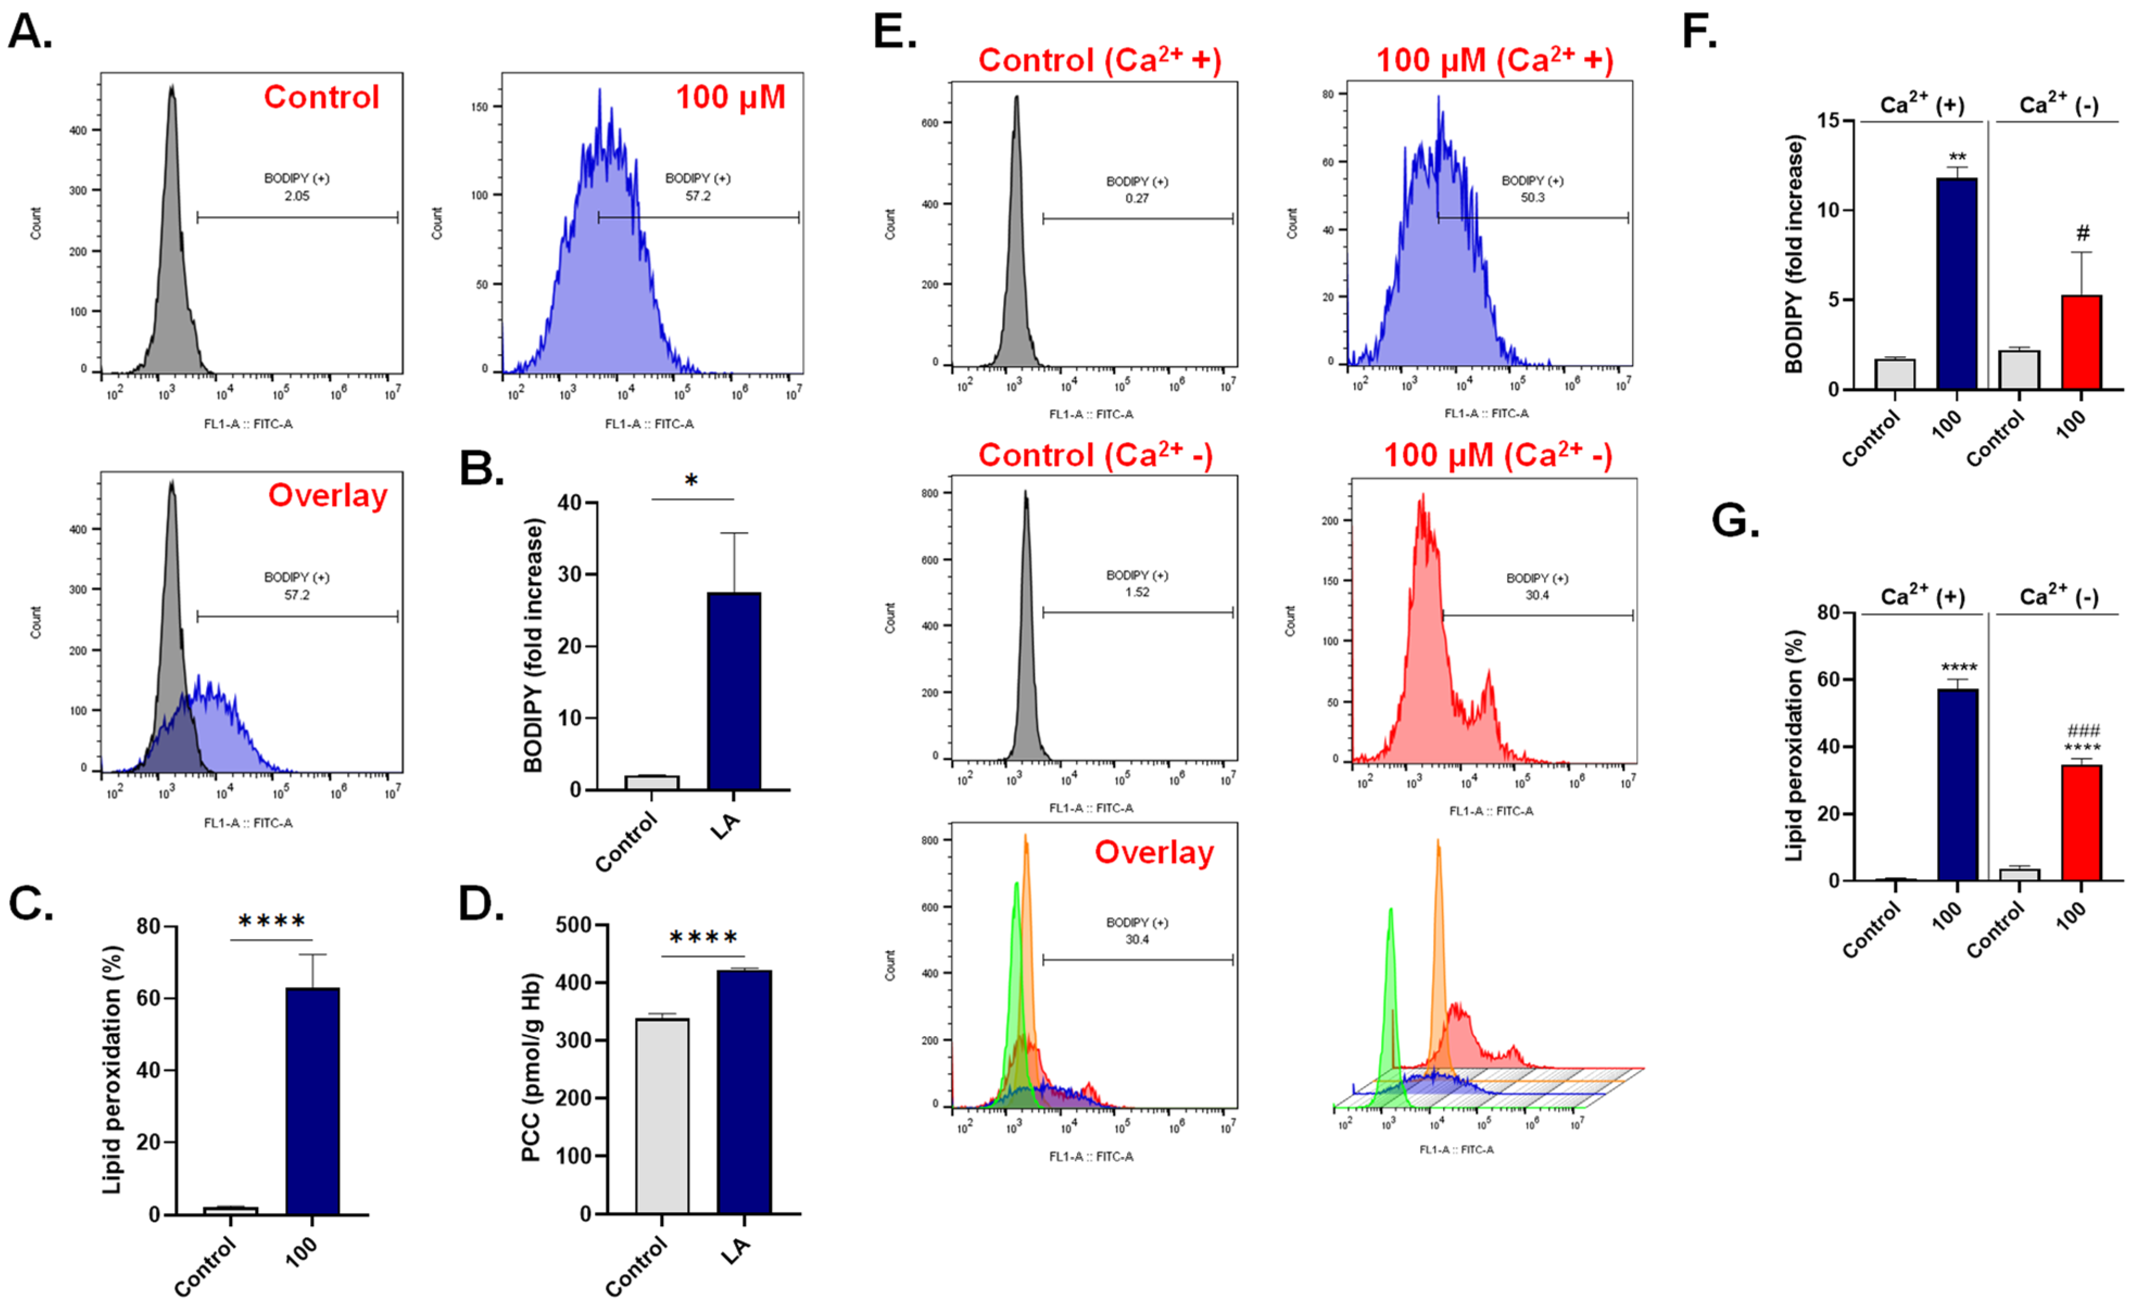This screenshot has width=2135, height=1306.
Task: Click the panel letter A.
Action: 29,33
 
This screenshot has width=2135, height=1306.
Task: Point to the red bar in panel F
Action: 2081,342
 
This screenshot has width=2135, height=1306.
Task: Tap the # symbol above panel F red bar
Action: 2082,233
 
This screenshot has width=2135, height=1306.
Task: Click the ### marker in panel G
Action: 2083,730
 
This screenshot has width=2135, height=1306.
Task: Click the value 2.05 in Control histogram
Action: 296,196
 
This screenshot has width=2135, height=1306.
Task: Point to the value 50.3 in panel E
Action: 1532,198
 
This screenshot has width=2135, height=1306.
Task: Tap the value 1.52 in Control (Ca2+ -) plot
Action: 1137,592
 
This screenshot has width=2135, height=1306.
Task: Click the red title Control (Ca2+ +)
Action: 1098,60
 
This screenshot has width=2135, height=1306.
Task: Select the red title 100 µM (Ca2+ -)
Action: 1498,455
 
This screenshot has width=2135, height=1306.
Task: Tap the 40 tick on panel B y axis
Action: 569,503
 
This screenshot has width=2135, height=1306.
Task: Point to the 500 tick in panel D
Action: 573,925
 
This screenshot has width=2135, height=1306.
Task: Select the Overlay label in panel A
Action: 327,495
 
